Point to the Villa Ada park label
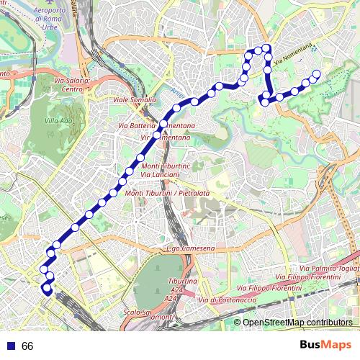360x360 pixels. click(58, 121)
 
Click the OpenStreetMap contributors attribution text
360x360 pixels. click(297, 323)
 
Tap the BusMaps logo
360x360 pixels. click(326, 345)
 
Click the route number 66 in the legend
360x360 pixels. click(27, 346)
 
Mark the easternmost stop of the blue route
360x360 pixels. click(316, 73)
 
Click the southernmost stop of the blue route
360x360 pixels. click(48, 291)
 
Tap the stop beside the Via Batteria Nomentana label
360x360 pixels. click(163, 125)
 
